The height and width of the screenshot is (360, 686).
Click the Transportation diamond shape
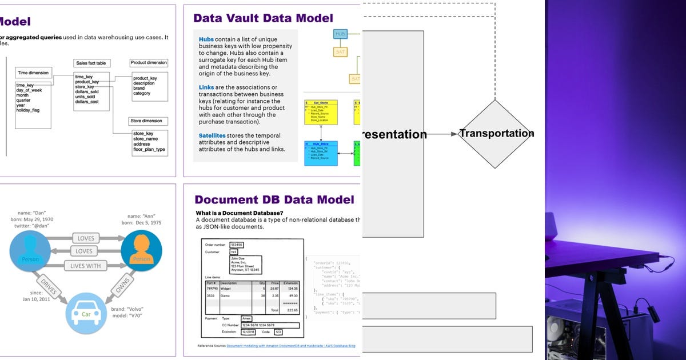pyautogui.click(x=496, y=134)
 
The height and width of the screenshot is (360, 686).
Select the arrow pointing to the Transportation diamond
pyautogui.click(x=441, y=134)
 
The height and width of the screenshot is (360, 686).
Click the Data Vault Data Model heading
pyautogui.click(x=263, y=18)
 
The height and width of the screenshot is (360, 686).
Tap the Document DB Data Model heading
pyautogui.click(x=274, y=199)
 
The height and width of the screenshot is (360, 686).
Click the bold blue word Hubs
pyautogui.click(x=206, y=39)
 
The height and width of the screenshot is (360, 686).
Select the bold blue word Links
pyautogui.click(x=206, y=87)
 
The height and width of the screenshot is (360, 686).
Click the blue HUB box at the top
pyautogui.click(x=340, y=34)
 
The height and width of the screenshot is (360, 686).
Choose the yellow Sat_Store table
pyautogui.click(x=321, y=112)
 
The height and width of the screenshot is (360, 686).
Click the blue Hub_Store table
pyautogui.click(x=321, y=153)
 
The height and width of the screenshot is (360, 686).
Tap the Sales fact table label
pyautogui.click(x=92, y=63)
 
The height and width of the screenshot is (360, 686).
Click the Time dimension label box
pyautogui.click(x=33, y=73)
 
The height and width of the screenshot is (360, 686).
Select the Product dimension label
pyautogui.click(x=149, y=63)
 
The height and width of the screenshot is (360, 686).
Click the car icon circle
pyautogui.click(x=86, y=313)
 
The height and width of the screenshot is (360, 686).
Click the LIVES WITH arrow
pyautogui.click(x=86, y=266)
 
